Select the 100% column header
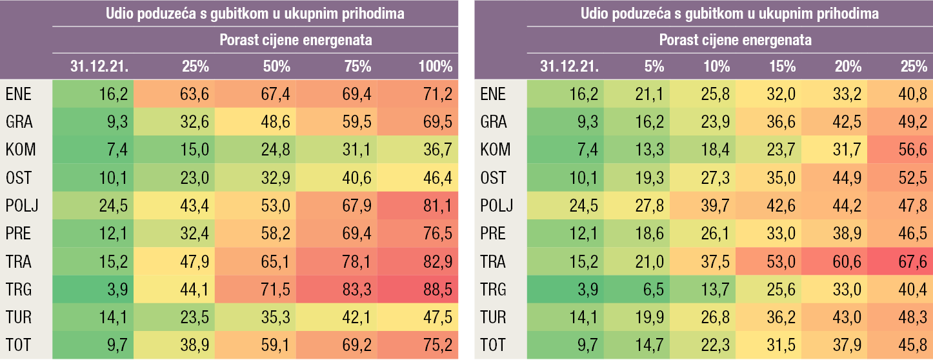coord(436,66)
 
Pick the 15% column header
coord(782,66)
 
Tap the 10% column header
coord(717,66)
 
